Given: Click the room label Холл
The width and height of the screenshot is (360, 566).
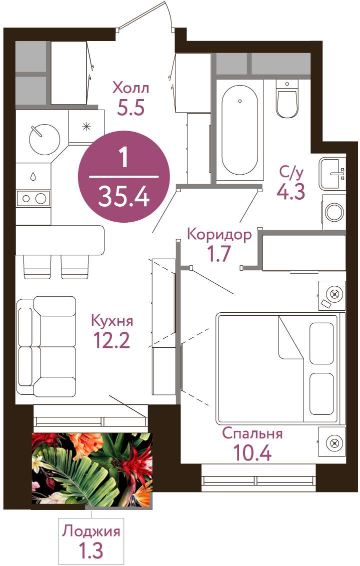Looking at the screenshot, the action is [x=130, y=88].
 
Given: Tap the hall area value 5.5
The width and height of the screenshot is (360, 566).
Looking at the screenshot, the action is [x=130, y=107].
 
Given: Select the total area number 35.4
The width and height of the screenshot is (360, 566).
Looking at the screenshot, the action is [x=123, y=197].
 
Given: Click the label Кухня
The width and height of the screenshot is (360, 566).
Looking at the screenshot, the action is [x=112, y=321].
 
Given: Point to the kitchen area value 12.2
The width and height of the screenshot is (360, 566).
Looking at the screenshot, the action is [x=111, y=340].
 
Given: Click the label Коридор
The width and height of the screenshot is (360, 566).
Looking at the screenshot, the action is [x=219, y=235].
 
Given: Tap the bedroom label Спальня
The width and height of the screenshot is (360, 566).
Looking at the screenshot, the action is [x=252, y=433].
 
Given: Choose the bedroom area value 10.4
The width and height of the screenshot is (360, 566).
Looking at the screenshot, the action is [x=252, y=452].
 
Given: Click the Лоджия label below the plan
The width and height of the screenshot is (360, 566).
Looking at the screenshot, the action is [x=91, y=532].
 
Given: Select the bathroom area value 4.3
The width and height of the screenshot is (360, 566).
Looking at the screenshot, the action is [x=290, y=191].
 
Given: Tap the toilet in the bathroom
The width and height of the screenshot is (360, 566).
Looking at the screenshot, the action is [x=287, y=99].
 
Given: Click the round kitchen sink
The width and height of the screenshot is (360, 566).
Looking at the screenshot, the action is [x=44, y=139].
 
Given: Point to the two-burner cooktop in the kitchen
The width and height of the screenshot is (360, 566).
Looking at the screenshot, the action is [x=33, y=198].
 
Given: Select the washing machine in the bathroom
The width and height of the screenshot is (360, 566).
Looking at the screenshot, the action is [x=334, y=212].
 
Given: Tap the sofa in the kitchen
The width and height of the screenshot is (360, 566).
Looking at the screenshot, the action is [x=46, y=347].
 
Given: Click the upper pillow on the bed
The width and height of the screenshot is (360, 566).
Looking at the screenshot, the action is [x=321, y=343].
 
